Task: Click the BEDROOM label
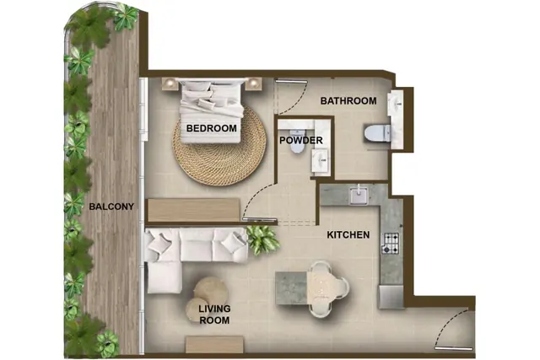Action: coord(211,128)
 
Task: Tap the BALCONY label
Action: coord(111,207)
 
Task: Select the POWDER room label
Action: coord(301,141)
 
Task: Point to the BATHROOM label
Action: coord(348,101)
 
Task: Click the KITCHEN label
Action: coord(348,234)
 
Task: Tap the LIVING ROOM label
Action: coord(214,314)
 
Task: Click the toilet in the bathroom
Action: coord(377,133)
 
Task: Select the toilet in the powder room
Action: coord(297,141)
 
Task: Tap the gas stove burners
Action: coord(391,244)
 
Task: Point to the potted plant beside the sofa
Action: coord(262,239)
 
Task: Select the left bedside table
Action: coord(170,83)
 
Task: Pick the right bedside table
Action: coord(253,83)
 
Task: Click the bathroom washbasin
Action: coord(396,103)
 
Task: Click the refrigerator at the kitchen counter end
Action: coord(391,296)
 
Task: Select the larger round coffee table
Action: coord(210,290)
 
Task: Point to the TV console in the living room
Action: coord(214,345)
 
